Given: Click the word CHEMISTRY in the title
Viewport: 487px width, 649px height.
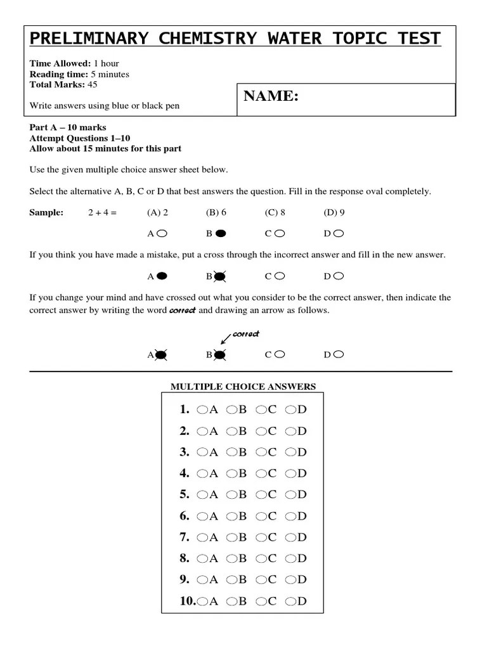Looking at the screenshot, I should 198,39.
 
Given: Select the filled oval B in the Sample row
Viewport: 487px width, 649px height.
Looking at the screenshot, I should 220,233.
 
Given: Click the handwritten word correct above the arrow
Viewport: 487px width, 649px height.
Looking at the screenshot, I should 246,334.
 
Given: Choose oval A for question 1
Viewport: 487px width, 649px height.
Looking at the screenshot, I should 201,410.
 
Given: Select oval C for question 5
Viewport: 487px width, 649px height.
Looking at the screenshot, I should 261,495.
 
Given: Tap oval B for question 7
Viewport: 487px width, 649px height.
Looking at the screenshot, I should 231,537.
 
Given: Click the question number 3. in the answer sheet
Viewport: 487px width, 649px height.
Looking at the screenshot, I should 185,452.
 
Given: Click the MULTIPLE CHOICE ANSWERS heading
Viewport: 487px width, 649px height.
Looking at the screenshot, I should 243,387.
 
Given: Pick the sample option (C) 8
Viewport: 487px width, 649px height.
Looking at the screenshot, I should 275,213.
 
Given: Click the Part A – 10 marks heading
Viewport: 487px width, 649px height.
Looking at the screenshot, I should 68,127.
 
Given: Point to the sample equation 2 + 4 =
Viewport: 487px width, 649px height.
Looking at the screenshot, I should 103,213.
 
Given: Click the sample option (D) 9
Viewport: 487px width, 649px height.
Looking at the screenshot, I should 334,213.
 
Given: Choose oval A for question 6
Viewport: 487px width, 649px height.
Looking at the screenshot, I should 201,517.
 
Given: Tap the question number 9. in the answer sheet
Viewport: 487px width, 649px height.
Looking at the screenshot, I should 185,579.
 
